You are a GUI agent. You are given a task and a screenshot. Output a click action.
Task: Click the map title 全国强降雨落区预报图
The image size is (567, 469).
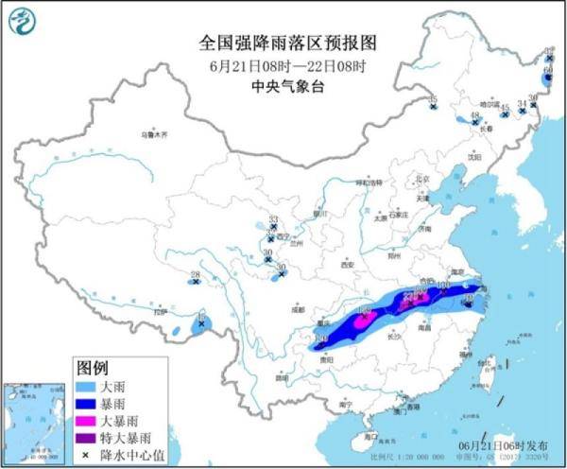(288, 43)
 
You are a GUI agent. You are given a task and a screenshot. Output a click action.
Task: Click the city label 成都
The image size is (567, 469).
(299, 309)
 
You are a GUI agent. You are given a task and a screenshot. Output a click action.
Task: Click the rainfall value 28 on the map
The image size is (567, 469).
(195, 275)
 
